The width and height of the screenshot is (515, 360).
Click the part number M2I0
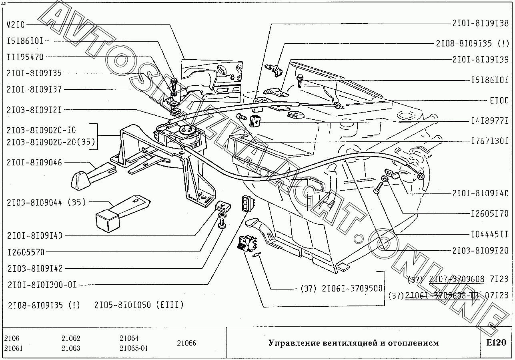pos(16,25)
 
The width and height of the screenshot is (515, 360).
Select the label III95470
pos(25,57)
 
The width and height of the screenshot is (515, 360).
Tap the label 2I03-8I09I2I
pos(34,110)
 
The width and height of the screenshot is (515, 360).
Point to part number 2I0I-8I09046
pos(34,162)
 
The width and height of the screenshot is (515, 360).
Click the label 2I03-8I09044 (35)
pos(46,203)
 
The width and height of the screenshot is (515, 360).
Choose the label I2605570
pos(26,252)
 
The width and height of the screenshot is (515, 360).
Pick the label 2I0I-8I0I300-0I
pos(42,285)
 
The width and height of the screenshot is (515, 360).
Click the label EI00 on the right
pos(499,101)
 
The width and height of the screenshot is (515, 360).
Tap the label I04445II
pos(489,234)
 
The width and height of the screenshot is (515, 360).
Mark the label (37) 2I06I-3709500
pos(341,288)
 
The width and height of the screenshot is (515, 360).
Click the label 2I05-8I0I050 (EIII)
pos(139,305)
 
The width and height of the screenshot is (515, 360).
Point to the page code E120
pos(496,343)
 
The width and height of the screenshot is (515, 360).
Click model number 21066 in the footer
pos(186,343)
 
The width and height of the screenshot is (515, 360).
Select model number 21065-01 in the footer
pos(133,348)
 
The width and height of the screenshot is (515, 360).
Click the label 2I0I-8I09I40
pos(481,194)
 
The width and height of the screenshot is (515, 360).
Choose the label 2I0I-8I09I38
pos(481,24)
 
